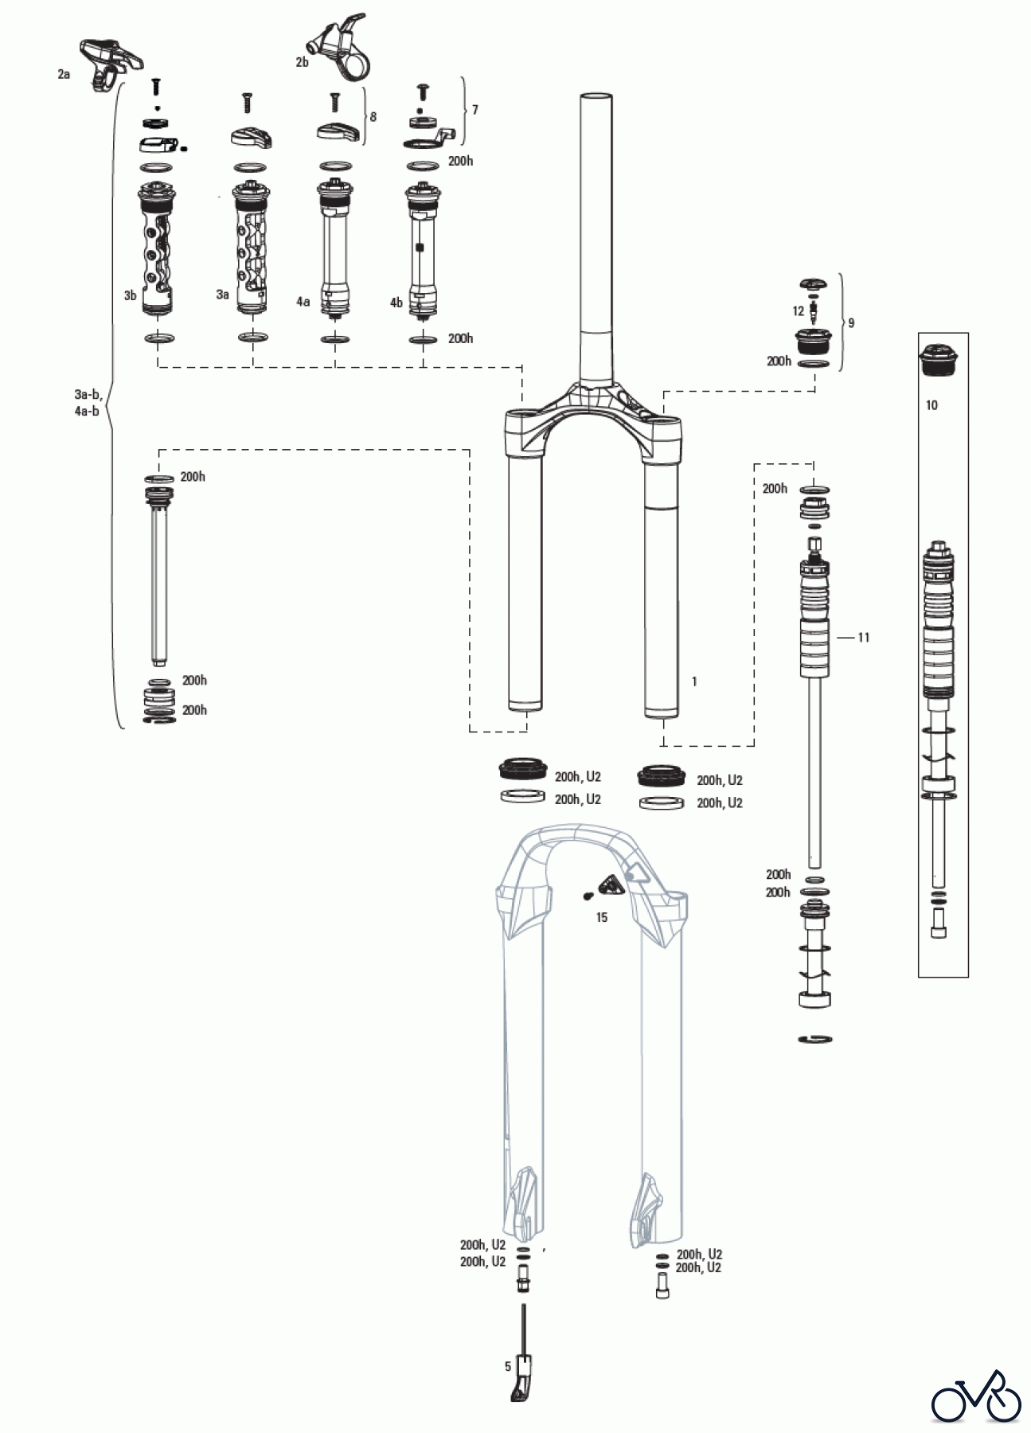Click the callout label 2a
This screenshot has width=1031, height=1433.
coord(64,74)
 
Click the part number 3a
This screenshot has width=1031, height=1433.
coord(223,295)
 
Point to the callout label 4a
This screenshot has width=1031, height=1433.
coord(303,302)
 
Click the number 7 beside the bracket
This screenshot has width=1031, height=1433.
coord(475,109)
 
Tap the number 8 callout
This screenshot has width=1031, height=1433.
coord(373,117)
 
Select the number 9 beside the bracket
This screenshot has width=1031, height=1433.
coord(851,322)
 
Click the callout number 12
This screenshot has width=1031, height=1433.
coord(798,311)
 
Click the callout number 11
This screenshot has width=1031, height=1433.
coord(864,637)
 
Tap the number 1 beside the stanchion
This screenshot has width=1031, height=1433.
coord(694,681)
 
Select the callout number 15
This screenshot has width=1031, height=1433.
coord(602,917)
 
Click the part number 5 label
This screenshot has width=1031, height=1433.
coord(508,1367)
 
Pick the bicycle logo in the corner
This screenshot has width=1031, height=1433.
coord(976,1396)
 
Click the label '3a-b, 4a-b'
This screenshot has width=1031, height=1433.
coord(87,403)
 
